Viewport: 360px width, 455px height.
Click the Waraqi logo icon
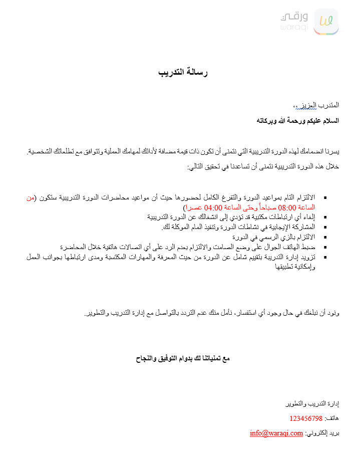click(x=326, y=22)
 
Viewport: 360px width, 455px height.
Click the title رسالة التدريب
click(x=183, y=73)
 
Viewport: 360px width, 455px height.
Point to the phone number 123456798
click(x=306, y=418)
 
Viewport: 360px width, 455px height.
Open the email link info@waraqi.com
click(x=276, y=433)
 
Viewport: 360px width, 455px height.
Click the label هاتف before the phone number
click(x=332, y=418)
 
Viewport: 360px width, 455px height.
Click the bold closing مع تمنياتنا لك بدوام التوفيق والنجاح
click(x=183, y=359)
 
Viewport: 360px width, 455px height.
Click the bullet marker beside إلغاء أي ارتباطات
click(x=326, y=217)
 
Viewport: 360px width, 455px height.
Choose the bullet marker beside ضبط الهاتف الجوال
click(x=326, y=247)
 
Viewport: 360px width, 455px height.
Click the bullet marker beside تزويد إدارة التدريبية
click(x=326, y=257)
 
